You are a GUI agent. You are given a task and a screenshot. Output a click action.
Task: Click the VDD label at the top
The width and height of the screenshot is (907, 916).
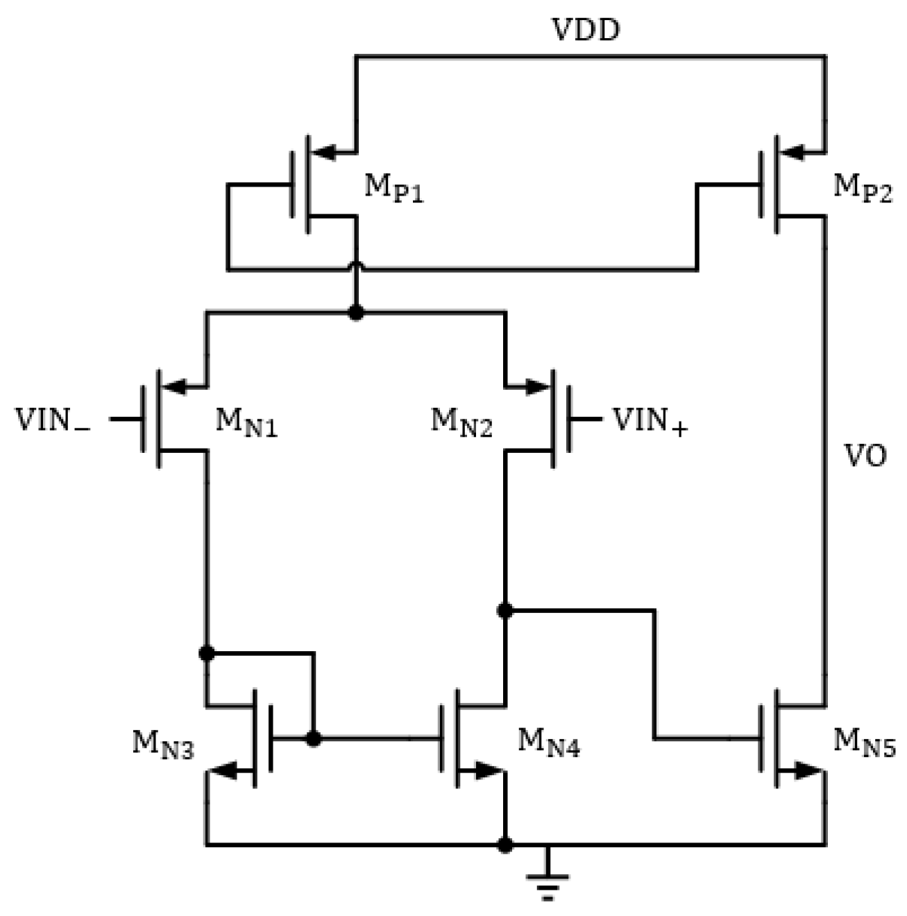[585, 30]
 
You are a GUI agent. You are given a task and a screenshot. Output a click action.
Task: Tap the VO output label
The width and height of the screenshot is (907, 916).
[865, 456]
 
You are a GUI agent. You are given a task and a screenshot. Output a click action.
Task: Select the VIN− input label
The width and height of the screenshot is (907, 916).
[53, 421]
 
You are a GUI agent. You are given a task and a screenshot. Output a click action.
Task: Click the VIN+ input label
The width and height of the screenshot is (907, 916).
[650, 421]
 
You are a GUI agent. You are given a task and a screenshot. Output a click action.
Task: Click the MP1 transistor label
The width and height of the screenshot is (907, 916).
[393, 188]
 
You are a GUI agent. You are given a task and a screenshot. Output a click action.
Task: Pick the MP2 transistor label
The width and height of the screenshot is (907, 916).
[862, 188]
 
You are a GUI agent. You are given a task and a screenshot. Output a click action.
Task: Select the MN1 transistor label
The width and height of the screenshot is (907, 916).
[246, 422]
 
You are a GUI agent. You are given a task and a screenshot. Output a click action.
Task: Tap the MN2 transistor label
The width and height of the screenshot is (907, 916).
[461, 422]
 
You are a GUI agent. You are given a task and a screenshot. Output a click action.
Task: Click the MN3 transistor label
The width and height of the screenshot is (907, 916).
[163, 745]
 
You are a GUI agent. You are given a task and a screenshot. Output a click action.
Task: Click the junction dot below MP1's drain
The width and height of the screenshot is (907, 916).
[356, 313]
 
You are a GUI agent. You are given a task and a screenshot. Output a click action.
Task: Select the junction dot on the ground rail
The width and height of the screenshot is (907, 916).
[505, 845]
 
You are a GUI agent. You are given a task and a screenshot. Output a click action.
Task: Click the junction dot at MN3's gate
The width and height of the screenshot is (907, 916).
[314, 739]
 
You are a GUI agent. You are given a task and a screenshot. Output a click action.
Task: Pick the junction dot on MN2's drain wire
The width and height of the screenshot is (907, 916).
[505, 610]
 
